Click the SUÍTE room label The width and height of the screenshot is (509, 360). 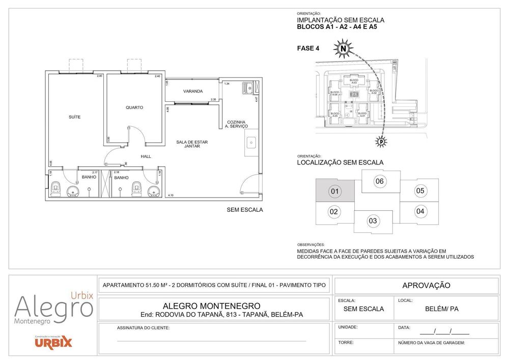(x=75, y=117)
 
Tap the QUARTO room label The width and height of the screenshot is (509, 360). (x=134, y=107)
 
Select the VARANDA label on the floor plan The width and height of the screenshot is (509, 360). (x=193, y=92)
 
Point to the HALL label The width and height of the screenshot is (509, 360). (x=146, y=156)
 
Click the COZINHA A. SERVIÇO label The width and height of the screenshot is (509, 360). (x=237, y=124)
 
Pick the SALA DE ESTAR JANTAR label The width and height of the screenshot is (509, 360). (x=192, y=144)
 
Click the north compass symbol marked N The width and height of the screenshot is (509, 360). (x=344, y=49)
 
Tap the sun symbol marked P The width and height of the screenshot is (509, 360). (x=380, y=141)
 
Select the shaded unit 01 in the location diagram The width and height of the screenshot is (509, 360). (x=334, y=192)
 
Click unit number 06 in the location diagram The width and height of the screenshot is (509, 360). (x=379, y=181)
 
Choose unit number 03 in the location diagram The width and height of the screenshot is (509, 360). (x=373, y=220)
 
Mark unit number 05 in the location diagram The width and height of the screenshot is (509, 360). (x=420, y=191)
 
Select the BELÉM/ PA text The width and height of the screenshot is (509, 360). (x=442, y=309)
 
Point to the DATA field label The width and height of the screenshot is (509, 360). (x=404, y=327)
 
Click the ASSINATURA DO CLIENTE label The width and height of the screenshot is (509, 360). (x=143, y=328)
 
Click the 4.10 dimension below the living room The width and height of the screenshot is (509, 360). (x=171, y=196)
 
